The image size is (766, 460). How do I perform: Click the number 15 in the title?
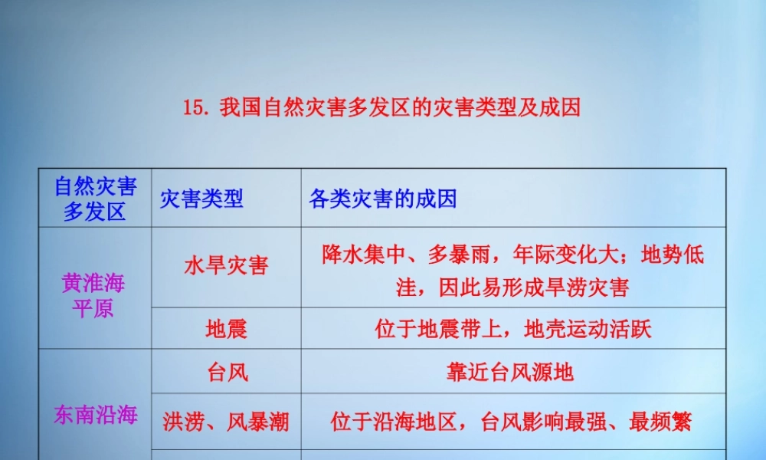click(195, 107)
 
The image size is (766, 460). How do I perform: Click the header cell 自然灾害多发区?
click(95, 199)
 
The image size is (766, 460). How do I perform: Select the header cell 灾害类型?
click(201, 199)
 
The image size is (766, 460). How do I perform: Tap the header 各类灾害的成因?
click(382, 199)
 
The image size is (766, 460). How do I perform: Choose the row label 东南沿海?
click(95, 416)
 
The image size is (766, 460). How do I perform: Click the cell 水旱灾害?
click(226, 266)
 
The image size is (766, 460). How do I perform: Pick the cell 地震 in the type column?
click(226, 330)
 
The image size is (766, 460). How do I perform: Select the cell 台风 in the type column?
click(228, 373)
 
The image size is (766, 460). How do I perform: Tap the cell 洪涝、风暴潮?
click(226, 421)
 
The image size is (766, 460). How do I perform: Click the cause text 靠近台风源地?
click(509, 373)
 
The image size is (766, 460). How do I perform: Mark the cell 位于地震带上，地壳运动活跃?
click(512, 330)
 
